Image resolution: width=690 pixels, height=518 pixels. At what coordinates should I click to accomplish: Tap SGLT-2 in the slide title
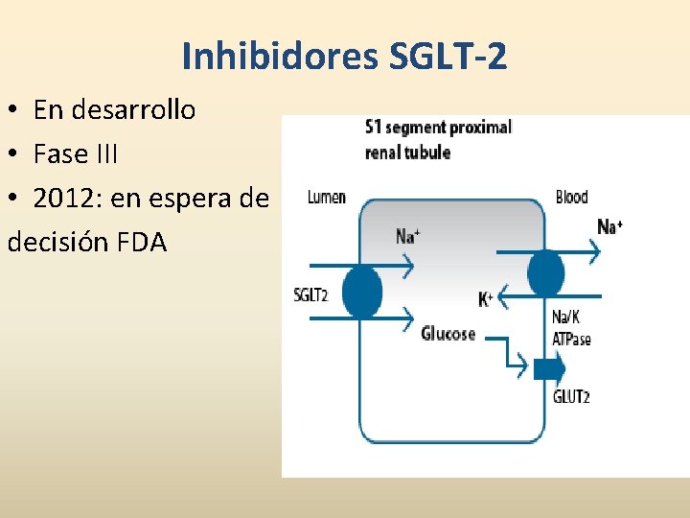[448, 58]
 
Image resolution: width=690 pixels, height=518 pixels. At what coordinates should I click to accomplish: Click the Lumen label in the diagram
[327, 198]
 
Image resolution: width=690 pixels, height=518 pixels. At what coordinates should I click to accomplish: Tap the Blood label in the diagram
[571, 198]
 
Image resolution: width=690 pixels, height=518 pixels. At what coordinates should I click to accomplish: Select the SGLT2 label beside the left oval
[310, 294]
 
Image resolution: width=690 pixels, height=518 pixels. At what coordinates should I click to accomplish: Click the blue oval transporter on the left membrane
[361, 292]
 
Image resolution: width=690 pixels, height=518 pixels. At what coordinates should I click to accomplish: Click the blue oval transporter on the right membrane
[544, 272]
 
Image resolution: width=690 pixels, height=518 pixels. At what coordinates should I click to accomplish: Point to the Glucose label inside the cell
[448, 334]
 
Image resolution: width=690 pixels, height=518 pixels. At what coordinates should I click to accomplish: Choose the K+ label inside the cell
[485, 299]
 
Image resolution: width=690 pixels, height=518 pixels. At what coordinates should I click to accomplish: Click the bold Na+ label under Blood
[610, 227]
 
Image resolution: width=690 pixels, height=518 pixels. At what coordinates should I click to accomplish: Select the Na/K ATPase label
[571, 327]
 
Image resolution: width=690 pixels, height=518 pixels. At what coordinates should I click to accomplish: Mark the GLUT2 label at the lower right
[571, 396]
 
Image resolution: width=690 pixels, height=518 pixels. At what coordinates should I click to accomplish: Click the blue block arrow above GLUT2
[549, 367]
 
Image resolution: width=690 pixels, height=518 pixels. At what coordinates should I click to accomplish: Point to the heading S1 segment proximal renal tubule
[438, 139]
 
